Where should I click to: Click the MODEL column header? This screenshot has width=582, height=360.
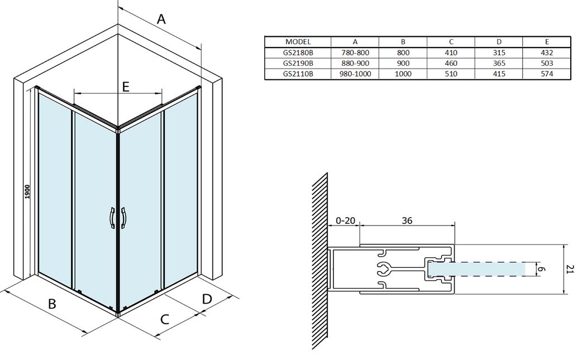coord(297,41)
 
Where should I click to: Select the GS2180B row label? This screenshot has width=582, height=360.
coord(297,52)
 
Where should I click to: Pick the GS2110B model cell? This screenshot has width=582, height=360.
coord(297,73)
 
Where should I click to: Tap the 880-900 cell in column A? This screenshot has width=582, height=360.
coord(355,63)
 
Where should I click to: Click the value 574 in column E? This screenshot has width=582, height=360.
coord(547,73)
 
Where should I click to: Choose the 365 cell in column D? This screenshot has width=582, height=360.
coord(499,63)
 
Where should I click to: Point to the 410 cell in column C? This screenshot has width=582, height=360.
coord(451,52)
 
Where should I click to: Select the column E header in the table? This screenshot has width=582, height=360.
coord(547,41)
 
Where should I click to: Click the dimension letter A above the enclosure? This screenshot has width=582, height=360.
coord(161,20)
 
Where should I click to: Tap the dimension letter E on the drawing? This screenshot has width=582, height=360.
coord(126,87)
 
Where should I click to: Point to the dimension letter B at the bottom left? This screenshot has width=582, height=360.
coord(52,304)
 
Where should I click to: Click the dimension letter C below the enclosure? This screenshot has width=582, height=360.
coord(165,319)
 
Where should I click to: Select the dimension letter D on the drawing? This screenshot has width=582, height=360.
coord(207,299)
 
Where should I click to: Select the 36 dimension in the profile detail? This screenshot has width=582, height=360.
coord(407,220)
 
